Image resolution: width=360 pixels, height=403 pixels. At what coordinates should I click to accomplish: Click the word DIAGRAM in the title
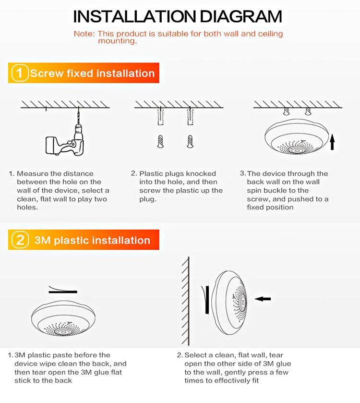pos(240,17)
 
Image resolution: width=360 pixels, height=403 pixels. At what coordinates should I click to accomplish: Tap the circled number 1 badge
pos(20,73)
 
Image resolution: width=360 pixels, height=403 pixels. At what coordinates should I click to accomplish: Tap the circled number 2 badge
pos(20,240)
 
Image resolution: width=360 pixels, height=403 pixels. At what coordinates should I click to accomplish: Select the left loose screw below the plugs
pos(161,141)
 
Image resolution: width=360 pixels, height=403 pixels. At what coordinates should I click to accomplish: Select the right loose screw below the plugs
pos(190,141)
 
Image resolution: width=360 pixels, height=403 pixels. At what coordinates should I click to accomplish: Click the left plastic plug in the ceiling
pos(161,116)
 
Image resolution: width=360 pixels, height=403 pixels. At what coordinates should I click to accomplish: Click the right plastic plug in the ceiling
pos(190,116)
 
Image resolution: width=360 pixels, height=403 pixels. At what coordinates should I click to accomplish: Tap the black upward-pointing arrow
pos(332,142)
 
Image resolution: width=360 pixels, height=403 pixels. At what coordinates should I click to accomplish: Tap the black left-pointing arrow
pos(263,299)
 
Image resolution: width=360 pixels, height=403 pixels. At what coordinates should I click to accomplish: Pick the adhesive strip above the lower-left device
pos(63,290)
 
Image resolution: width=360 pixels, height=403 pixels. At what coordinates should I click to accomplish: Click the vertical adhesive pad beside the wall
pos(206,300)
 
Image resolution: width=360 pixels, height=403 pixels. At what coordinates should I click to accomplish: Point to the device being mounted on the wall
pos(229,303)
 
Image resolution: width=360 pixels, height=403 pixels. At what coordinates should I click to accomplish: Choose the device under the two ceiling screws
pos(297,136)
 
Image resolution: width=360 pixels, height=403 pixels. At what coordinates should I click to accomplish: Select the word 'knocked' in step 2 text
pos(201,173)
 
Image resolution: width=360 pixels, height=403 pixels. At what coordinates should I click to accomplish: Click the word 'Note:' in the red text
pos(84,34)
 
